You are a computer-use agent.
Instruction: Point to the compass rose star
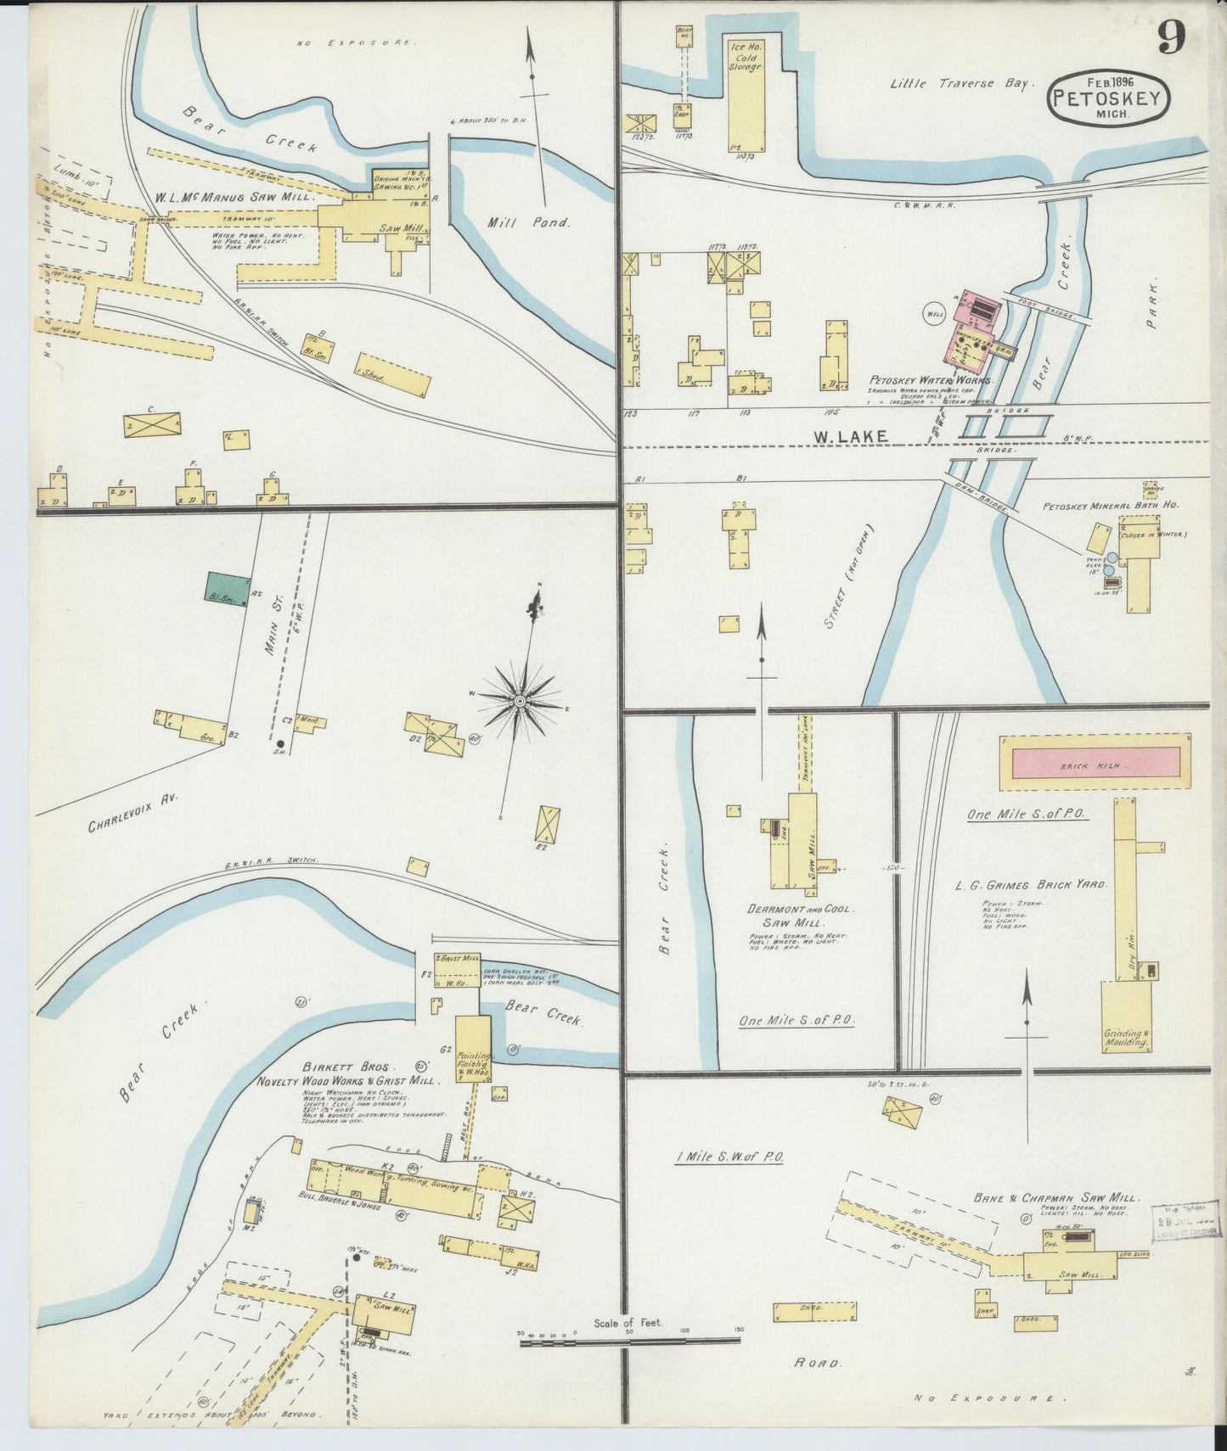(x=520, y=701)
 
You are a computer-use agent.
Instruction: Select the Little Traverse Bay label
(x=959, y=83)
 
